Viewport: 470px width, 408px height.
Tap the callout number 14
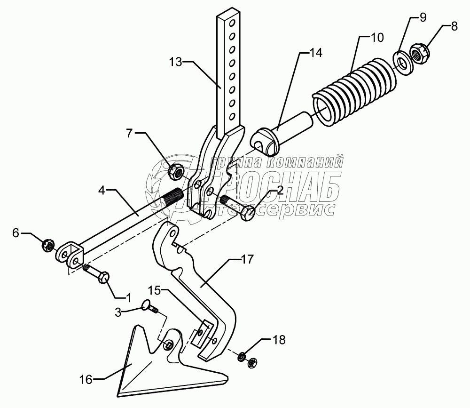click(316, 53)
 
